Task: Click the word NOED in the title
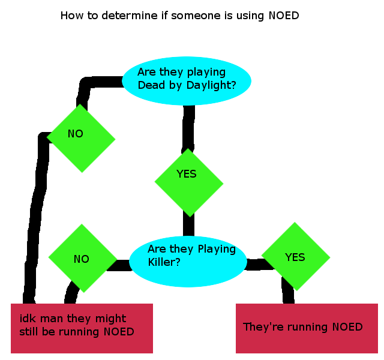click(284, 16)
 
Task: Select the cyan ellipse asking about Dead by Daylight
click(187, 81)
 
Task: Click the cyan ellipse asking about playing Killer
click(188, 262)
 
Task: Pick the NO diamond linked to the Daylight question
click(81, 139)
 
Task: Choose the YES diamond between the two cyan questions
click(189, 182)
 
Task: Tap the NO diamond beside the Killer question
click(83, 258)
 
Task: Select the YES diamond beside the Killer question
click(296, 256)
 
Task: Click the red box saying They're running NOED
click(307, 328)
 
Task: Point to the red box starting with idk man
click(82, 328)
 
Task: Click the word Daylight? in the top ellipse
click(211, 85)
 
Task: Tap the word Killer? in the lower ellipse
click(164, 262)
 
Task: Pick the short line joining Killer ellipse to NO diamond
click(119, 265)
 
